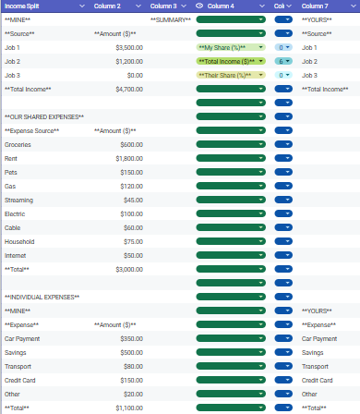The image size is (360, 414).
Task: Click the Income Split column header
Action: (22, 6)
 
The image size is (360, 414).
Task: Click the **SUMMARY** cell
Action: (170, 19)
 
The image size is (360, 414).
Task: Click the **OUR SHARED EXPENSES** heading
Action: (44, 116)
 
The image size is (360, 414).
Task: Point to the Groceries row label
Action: (18, 144)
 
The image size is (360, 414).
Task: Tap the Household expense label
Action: (20, 241)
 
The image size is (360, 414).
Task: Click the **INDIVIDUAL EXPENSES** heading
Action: (42, 297)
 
